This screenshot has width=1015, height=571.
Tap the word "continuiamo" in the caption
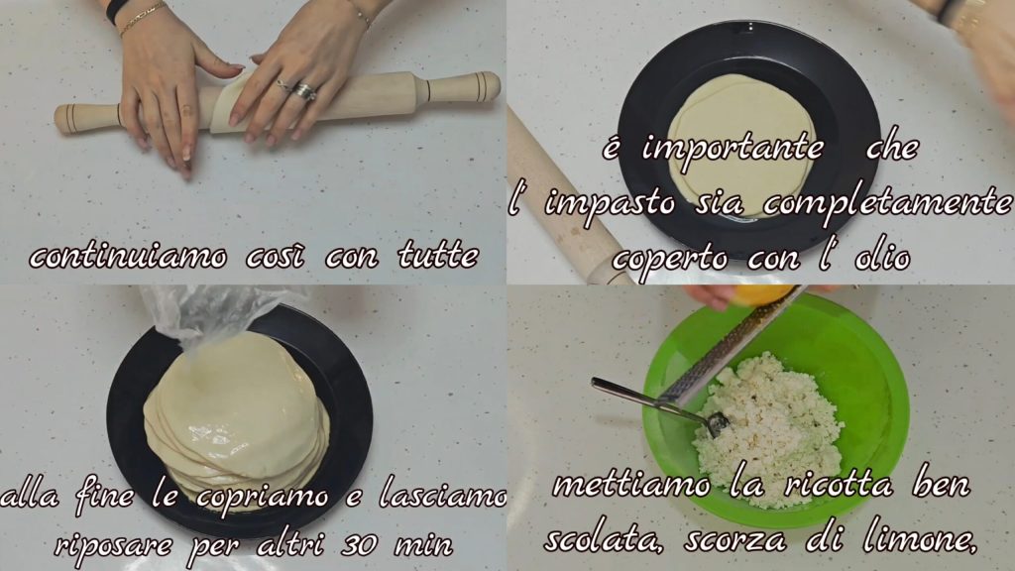(128, 257)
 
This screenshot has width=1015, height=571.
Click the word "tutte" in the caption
(438, 255)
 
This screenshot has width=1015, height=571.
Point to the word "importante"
(733, 149)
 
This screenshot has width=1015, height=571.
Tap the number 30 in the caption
(359, 544)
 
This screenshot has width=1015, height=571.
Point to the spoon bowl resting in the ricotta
(717, 422)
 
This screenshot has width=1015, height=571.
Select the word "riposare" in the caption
(114, 545)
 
